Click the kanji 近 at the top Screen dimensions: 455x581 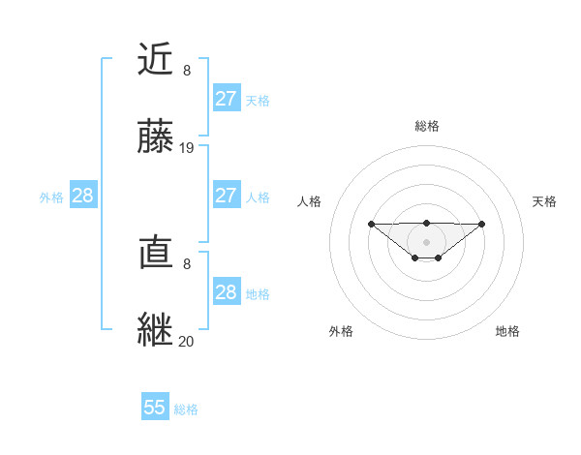tap(157, 60)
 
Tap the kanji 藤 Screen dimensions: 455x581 tap(157, 137)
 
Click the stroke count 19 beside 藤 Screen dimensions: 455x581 tap(187, 148)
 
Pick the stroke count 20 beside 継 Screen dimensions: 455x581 tap(187, 342)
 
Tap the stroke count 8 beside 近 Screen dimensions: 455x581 tap(187, 71)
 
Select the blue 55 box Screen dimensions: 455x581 tap(155, 408)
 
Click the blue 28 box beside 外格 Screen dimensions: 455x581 tap(82, 196)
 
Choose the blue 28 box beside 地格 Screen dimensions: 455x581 tap(226, 292)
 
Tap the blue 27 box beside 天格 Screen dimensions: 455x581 tap(226, 99)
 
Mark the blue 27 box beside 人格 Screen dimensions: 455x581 tap(226, 196)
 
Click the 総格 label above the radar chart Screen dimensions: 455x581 tap(426, 126)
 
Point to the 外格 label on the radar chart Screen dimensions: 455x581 tap(341, 331)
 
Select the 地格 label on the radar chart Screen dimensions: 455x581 tap(507, 331)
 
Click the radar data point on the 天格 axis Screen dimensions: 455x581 tap(482, 224)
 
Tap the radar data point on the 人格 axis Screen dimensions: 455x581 tap(371, 224)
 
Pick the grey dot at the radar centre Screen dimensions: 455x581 tap(426, 242)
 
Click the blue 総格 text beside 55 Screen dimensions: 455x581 tap(186, 409)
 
